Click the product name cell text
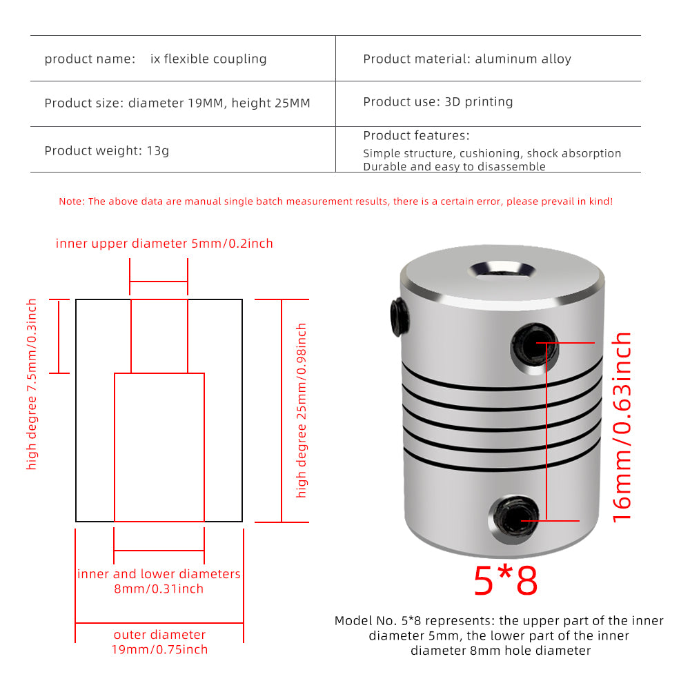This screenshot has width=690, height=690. pos(155,59)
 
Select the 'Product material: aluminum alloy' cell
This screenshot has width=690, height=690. pos(467,59)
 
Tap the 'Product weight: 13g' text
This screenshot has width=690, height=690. pos(107,150)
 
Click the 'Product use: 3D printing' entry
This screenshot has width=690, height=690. pos(438,102)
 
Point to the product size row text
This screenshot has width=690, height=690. pos(177,103)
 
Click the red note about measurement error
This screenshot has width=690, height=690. pos(335,201)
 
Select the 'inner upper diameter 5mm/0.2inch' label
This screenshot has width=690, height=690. pos(164,244)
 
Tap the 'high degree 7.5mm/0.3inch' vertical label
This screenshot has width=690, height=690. pos(32,384)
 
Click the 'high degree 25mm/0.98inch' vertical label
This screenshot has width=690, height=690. pos(301,411)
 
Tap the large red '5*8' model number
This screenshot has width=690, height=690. pos(505,581)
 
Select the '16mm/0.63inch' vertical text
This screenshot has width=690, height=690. pos(622,426)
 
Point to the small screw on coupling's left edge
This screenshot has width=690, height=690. pos(397,311)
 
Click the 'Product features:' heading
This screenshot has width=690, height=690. pos(416,136)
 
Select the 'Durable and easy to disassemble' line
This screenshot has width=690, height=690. pos(454,167)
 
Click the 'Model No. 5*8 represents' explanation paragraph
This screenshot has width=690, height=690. pos(499,635)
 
